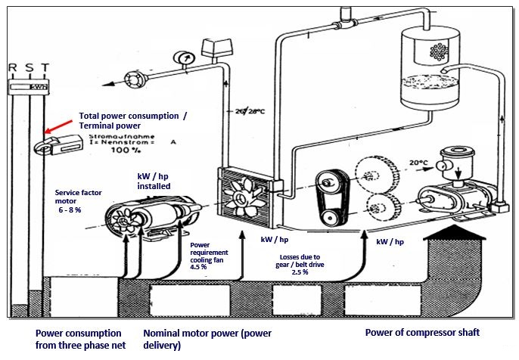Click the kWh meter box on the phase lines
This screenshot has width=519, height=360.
click(29, 87)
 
